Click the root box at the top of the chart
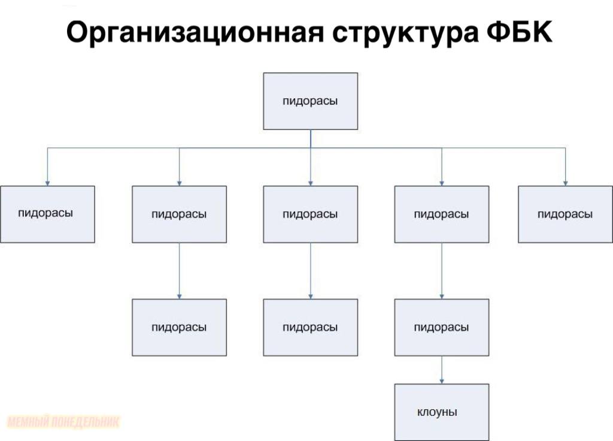click(x=310, y=101)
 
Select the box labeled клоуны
click(x=441, y=412)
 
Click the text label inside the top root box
click(x=310, y=101)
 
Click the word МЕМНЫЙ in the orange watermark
click(x=28, y=422)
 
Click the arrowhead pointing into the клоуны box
click(x=442, y=380)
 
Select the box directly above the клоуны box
click(x=441, y=327)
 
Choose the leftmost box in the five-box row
click(x=47, y=214)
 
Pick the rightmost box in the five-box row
click(x=565, y=214)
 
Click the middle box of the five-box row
click(x=310, y=214)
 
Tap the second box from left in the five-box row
click(x=179, y=214)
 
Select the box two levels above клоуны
click(x=441, y=214)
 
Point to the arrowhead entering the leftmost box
click(x=47, y=182)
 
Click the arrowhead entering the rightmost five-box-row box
click(x=565, y=182)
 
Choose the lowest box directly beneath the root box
click(x=310, y=327)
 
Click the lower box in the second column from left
click(x=179, y=327)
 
